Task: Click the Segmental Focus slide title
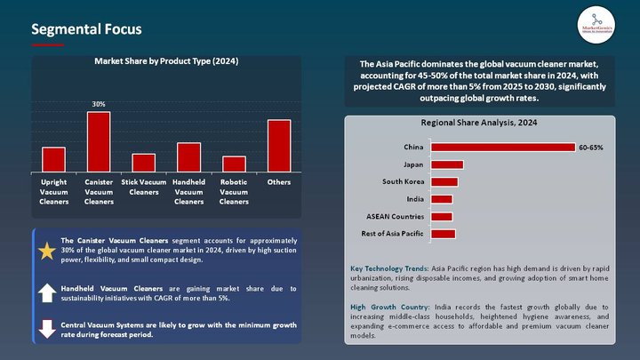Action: click(x=86, y=29)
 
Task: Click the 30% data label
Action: click(x=99, y=104)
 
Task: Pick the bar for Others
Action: click(x=279, y=146)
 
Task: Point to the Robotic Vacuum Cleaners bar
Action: click(x=234, y=164)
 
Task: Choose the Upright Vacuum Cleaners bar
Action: click(x=53, y=159)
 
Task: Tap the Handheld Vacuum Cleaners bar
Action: click(x=188, y=156)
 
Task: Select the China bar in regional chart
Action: click(x=502, y=148)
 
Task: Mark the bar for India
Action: click(x=441, y=199)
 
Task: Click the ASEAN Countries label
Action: click(x=395, y=216)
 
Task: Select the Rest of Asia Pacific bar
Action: click(x=443, y=234)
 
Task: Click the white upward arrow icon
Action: click(x=47, y=292)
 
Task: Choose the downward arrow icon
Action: click(x=47, y=330)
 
